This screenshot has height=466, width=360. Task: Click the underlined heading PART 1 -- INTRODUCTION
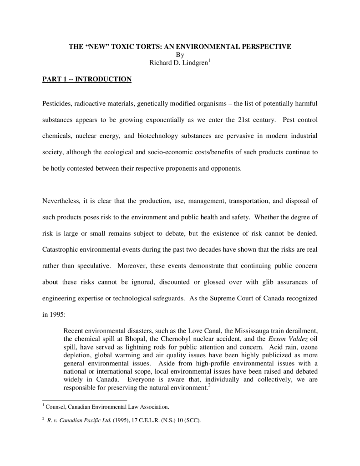point(87,80)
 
